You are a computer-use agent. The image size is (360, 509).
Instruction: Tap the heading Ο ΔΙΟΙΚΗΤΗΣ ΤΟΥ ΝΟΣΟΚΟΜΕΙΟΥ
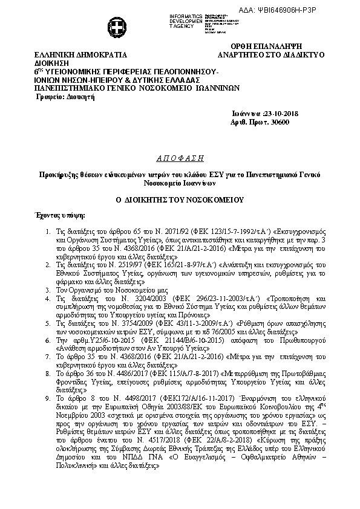[180, 199]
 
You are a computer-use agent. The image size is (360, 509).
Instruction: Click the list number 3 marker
[48, 290]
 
